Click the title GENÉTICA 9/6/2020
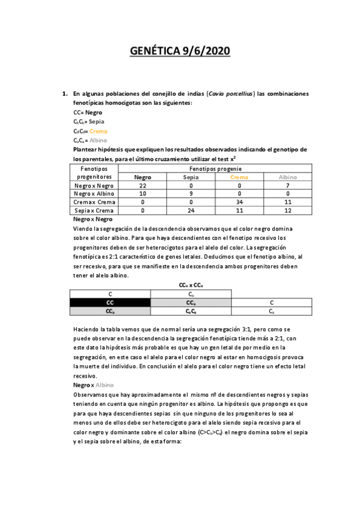coord(180,52)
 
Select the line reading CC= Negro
coord(88,112)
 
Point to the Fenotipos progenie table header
coord(216,169)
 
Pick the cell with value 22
coord(142,186)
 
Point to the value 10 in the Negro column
coord(142,194)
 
